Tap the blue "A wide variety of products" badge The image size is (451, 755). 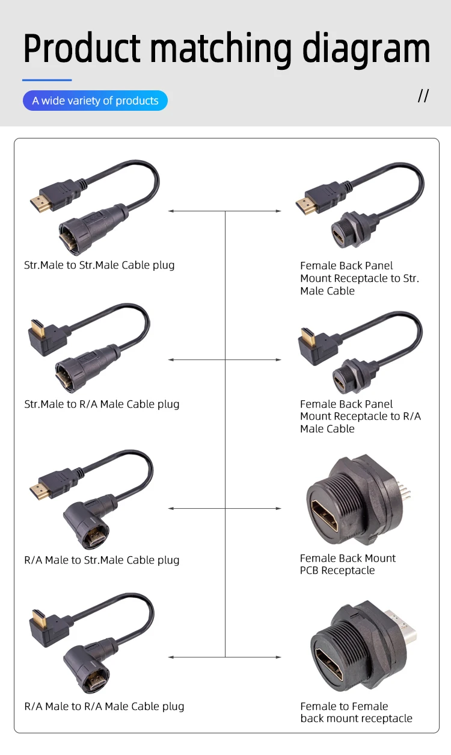[x=95, y=101]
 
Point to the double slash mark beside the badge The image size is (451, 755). [x=423, y=96]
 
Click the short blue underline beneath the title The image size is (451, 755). [x=47, y=79]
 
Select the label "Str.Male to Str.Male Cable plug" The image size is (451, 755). [x=99, y=265]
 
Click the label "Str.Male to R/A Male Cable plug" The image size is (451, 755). [x=102, y=404]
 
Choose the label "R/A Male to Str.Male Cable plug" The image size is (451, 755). [x=102, y=560]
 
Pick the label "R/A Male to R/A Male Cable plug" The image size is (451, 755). [x=104, y=706]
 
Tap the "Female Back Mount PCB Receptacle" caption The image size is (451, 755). [x=348, y=564]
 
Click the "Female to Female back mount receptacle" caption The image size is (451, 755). [x=356, y=712]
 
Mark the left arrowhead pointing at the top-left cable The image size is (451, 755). [x=171, y=211]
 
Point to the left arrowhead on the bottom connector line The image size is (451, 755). [x=171, y=657]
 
